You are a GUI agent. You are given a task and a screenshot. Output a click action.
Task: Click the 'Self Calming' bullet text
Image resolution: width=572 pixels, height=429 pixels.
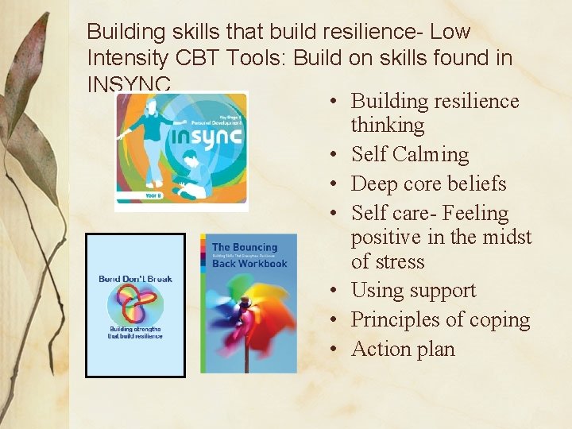[409, 154]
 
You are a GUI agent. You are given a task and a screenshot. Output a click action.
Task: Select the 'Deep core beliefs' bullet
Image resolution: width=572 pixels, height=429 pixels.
[428, 184]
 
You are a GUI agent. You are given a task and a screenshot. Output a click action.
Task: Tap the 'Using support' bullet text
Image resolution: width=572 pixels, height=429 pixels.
[413, 291]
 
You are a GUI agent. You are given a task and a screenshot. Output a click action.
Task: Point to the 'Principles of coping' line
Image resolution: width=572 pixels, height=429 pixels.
[440, 320]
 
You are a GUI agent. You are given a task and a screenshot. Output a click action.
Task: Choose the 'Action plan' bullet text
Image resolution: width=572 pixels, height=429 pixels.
[403, 350]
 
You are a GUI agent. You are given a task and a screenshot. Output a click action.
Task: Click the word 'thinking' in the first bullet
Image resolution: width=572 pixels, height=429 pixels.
[388, 126]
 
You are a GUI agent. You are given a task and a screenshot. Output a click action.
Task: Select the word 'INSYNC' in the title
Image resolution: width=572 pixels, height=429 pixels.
[129, 83]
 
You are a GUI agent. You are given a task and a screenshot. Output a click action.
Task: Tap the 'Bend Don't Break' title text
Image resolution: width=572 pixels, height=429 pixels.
[135, 279]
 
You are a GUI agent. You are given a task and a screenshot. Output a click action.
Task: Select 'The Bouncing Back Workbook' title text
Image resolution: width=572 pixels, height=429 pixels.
[248, 255]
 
